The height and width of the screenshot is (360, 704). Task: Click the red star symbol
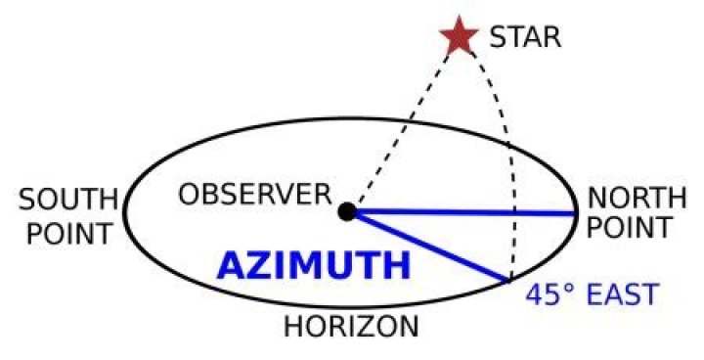[x=459, y=36]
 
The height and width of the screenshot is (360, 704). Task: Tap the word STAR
[x=525, y=37]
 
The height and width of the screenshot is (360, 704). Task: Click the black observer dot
[x=347, y=211]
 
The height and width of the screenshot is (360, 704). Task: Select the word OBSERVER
[x=255, y=195]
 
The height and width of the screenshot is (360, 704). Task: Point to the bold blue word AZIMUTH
[x=314, y=266]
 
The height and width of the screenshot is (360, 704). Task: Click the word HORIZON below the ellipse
[x=351, y=327]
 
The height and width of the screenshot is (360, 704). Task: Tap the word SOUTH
[x=68, y=200]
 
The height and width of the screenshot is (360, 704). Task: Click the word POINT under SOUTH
[x=68, y=233]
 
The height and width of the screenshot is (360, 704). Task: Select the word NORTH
[x=637, y=198]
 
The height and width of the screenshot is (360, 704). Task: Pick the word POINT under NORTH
[x=629, y=227]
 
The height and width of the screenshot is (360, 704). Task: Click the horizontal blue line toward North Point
[x=462, y=212]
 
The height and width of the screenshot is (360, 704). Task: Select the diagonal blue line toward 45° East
[x=429, y=247]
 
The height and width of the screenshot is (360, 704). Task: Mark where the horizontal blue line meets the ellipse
[x=575, y=212]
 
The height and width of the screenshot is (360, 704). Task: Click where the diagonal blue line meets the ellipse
[x=508, y=282]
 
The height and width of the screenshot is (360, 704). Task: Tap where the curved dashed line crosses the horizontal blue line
[x=514, y=212]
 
